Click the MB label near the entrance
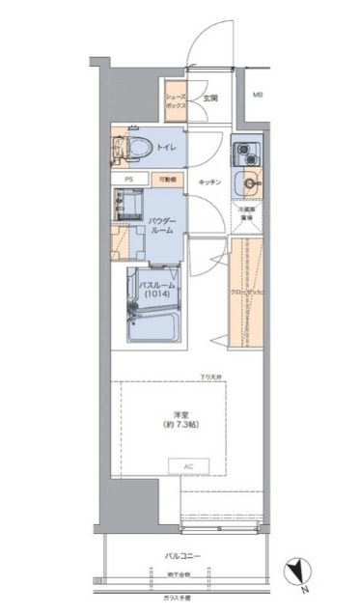click(258, 96)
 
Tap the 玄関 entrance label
click(210, 98)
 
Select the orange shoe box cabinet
click(175, 103)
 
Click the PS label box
click(128, 180)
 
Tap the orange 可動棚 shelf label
click(168, 180)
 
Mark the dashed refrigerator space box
click(249, 213)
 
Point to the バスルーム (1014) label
click(157, 292)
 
